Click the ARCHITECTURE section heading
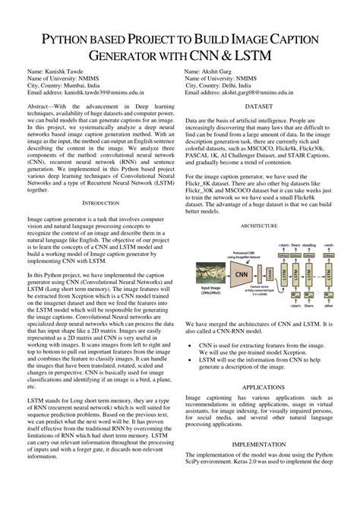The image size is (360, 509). tap(259, 226)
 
